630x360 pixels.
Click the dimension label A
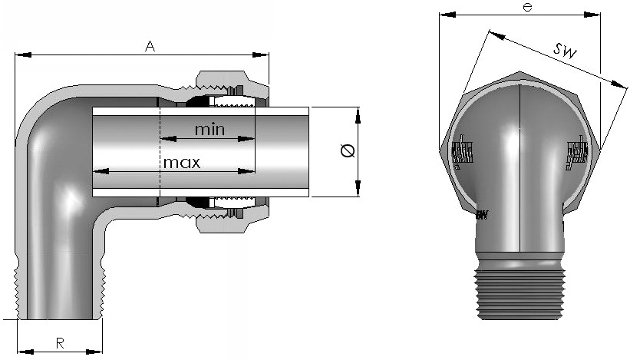pos(150,47)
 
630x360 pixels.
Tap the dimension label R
pos(59,343)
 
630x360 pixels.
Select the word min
pos(209,129)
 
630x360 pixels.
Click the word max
pos(181,163)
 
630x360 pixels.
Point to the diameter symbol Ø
pos(346,152)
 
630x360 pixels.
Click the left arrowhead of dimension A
pos(20,54)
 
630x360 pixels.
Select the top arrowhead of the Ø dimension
pos(358,113)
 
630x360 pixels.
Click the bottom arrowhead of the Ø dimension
pos(358,191)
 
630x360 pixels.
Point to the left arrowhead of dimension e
pos(444,15)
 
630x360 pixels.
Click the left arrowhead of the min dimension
pos(165,139)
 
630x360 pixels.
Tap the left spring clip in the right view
pos(461,155)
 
